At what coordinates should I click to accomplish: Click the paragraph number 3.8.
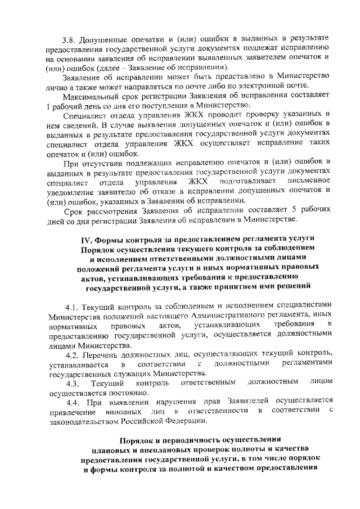click(x=69, y=39)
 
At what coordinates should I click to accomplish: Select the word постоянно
click(x=114, y=393)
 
